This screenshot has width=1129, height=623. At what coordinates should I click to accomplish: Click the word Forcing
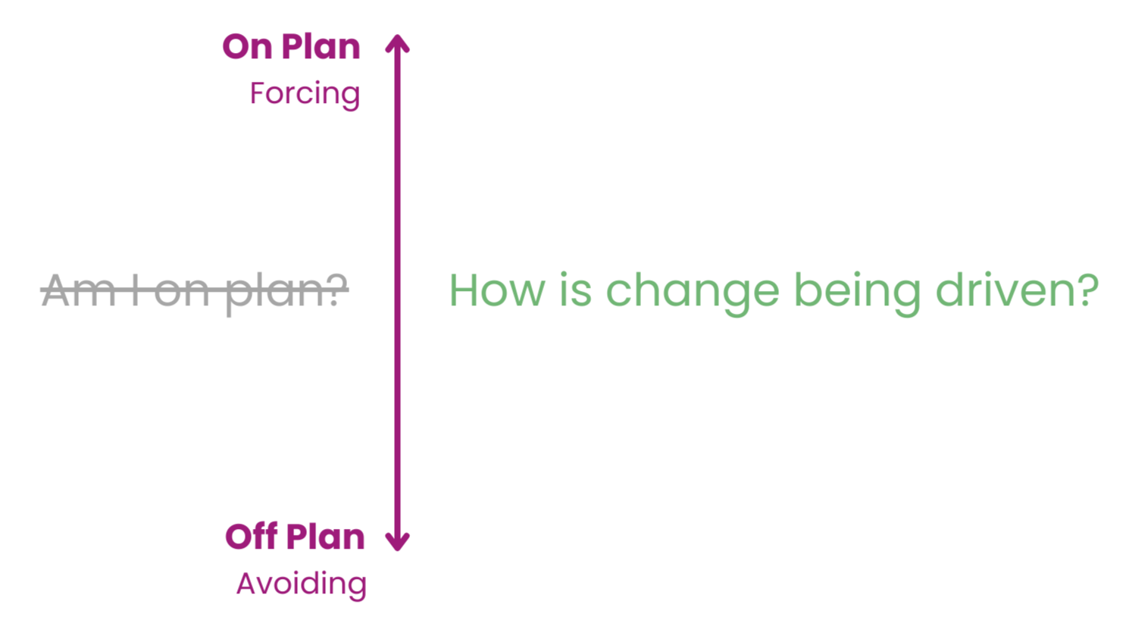[305, 95]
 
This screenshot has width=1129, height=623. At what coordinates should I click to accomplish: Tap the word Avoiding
[302, 584]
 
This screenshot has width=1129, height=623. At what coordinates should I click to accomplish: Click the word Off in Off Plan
[251, 537]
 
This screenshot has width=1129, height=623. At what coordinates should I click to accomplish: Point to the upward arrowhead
[397, 43]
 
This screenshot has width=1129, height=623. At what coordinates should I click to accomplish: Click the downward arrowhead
[397, 541]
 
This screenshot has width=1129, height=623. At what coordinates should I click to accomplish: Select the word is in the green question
[575, 290]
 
